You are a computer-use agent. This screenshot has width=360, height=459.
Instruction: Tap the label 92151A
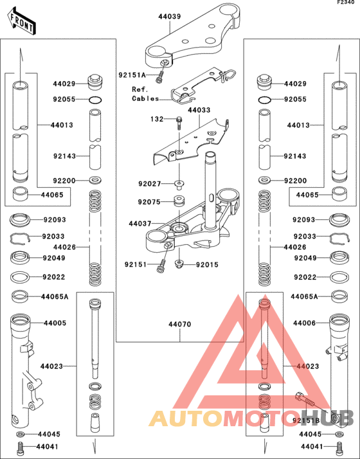pos(132,75)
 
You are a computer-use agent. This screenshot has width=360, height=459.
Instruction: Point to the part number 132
pos(157,119)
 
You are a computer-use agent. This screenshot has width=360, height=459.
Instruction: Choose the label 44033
pos(199,111)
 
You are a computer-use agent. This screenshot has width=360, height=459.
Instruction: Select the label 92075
pos(149,202)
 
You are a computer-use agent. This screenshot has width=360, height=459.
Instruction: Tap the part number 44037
pos(141,224)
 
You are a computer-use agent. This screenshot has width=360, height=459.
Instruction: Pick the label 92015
pos(208,264)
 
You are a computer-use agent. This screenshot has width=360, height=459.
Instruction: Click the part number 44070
pos(180,325)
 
